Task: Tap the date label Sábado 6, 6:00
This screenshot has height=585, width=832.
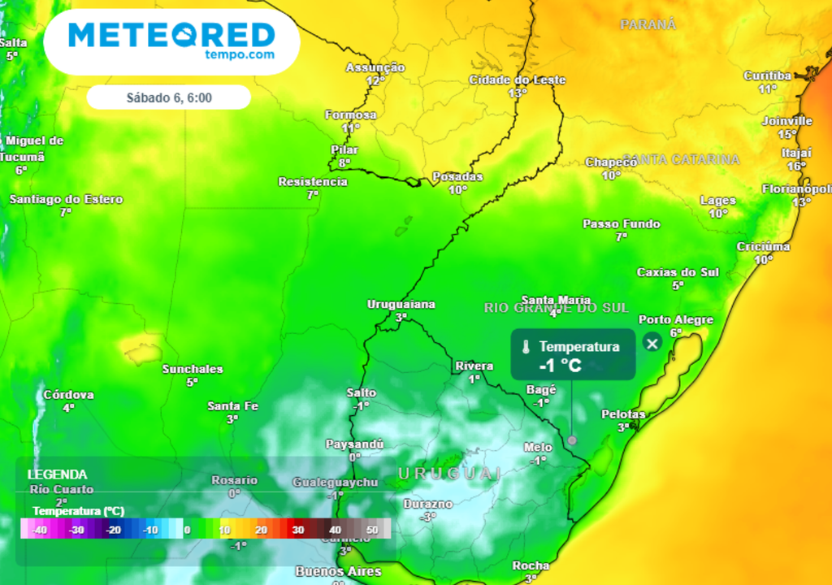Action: pos(169,97)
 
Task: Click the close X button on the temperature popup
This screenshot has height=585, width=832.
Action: pos(652,343)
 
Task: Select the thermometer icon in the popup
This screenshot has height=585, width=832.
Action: pos(527,347)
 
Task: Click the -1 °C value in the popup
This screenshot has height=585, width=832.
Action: pos(560,366)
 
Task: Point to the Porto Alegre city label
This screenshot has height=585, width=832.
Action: pos(675,320)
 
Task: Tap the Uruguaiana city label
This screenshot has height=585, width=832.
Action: pos(401,305)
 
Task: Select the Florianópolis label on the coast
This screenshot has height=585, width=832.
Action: pos(797,189)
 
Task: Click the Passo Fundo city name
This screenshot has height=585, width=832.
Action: pos(621,224)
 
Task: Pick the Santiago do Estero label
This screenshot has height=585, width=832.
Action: pos(66,199)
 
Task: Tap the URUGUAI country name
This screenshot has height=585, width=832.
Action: pos(449,473)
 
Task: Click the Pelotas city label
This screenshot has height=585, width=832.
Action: pos(622,414)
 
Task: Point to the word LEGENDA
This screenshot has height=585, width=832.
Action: pos(57,474)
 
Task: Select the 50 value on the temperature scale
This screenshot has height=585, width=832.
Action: pos(373,530)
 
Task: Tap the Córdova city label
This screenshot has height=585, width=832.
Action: pos(68,395)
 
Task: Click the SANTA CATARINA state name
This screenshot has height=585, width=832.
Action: pos(681,160)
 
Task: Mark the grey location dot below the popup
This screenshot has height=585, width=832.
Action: pos(572,440)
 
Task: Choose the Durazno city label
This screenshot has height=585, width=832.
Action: pos(427,504)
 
